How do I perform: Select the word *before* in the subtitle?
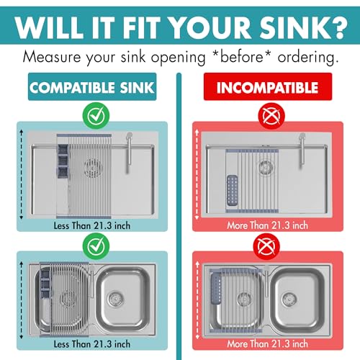coord(242,57)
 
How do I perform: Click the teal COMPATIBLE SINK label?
coord(92,86)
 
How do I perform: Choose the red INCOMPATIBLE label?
coord(268,86)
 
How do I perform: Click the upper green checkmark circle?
coord(96,115)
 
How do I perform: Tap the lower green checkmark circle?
coord(96,246)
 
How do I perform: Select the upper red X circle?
coord(271,116)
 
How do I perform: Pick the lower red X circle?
coord(266,246)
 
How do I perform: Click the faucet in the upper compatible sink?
coord(129,153)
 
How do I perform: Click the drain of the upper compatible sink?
coord(94,168)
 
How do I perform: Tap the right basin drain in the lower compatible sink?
coord(116,299)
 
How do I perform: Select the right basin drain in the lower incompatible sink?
coord(289,300)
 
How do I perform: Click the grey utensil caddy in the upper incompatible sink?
coord(233,191)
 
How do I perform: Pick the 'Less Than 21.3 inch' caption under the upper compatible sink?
coord(92,225)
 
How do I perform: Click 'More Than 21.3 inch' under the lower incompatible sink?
coord(267,343)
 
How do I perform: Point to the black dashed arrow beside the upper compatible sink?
coord(22,174)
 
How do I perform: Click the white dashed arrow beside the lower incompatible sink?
coord(197,300)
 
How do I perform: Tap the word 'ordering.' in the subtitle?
coord(308,57)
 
